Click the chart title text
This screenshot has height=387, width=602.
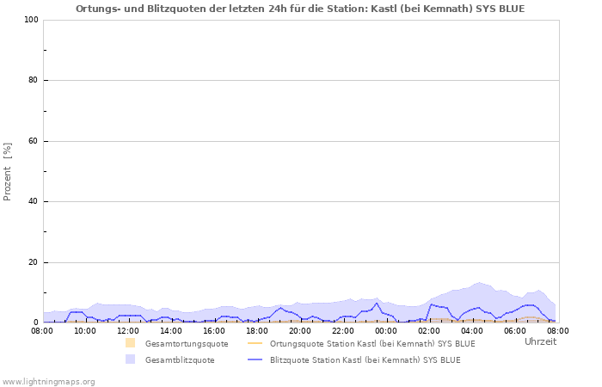click(x=300, y=9)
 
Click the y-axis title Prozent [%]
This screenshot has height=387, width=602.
click(x=8, y=171)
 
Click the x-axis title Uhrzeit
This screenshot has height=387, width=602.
click(x=540, y=341)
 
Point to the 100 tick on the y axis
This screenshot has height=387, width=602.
click(x=30, y=20)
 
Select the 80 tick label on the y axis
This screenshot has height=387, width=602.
click(x=33, y=81)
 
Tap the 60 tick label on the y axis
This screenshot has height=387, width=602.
click(x=33, y=141)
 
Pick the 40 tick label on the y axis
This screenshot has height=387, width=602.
click(x=33, y=202)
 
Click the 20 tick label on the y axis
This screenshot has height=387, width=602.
click(x=33, y=262)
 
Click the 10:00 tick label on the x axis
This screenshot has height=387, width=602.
click(x=85, y=330)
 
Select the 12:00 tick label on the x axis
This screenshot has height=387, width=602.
click(x=128, y=330)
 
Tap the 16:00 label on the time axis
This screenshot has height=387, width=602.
click(x=214, y=330)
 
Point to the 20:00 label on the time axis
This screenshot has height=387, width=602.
click(x=300, y=330)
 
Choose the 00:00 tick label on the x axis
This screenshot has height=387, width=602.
click(x=386, y=330)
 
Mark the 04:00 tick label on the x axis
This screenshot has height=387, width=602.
click(x=472, y=330)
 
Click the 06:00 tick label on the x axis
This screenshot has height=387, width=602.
click(x=515, y=330)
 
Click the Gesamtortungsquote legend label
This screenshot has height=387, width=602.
click(x=187, y=344)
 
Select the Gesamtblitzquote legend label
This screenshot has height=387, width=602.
click(x=180, y=360)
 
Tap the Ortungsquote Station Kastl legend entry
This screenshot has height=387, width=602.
click(x=372, y=344)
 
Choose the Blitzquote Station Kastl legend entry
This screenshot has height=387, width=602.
click(x=365, y=360)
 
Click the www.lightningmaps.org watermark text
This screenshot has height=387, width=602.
click(x=48, y=381)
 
